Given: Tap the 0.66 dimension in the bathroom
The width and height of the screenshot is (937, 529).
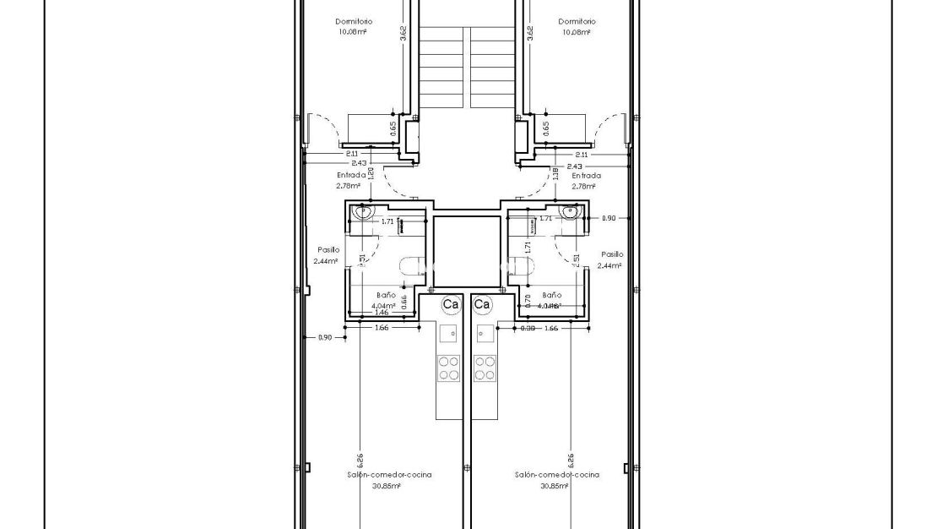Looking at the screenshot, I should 404,299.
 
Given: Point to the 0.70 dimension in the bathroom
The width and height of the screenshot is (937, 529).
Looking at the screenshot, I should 527,298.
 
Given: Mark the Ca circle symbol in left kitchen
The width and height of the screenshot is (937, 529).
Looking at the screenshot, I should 451,303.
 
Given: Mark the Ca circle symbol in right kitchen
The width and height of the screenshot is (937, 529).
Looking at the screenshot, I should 482,303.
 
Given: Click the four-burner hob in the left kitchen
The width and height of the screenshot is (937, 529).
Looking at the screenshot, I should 448,368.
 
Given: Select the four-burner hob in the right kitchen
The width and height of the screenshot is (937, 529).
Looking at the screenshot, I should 485,368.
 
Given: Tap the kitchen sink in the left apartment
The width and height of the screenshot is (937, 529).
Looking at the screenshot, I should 449,332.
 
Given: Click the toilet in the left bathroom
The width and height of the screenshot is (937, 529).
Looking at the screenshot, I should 411,267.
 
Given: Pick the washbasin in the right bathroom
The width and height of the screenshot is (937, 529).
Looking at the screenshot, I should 567,212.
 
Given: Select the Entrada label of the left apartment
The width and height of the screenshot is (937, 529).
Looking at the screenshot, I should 351,176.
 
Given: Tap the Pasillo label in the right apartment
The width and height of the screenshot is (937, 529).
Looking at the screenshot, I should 612,254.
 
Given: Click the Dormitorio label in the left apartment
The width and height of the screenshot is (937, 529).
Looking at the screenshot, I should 354,22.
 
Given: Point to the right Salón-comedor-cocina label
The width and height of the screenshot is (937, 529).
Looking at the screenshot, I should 557,475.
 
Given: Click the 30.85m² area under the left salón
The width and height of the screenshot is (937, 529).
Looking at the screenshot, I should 389,486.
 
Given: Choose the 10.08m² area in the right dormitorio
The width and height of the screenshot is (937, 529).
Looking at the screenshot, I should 577,32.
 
